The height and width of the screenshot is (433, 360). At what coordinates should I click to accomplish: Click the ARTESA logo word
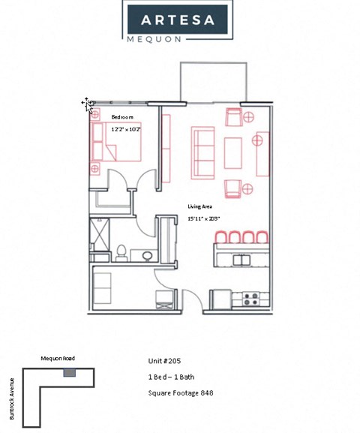pos(179,19)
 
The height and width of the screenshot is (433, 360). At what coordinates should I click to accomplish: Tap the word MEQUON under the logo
pos(179,36)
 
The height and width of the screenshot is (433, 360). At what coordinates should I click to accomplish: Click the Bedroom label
pos(122,118)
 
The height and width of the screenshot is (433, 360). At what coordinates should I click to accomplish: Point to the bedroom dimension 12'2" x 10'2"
pos(126,130)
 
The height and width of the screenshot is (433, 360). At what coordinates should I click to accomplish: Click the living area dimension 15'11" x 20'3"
pos(203,218)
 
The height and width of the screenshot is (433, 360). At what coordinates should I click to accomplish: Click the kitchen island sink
pos(241,260)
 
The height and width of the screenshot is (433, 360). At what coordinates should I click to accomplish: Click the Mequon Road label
pos(58,359)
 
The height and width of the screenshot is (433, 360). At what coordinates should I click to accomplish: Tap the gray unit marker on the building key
pos(69,373)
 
